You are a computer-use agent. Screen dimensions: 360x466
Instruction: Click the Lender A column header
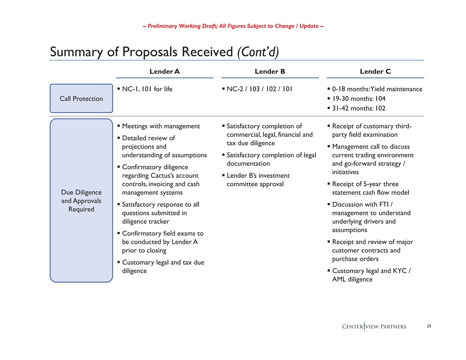click(x=164, y=71)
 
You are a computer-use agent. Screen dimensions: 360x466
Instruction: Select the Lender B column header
click(x=270, y=71)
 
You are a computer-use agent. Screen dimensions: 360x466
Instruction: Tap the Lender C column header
click(x=375, y=71)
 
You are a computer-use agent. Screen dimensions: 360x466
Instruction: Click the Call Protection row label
click(x=81, y=99)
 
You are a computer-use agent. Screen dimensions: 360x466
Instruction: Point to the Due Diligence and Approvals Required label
click(x=81, y=201)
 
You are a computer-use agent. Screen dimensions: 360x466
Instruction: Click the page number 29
click(x=429, y=326)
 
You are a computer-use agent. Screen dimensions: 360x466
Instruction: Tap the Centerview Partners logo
click(x=374, y=327)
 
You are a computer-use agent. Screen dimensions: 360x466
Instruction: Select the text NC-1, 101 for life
click(x=147, y=89)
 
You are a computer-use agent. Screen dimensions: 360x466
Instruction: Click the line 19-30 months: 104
click(x=359, y=99)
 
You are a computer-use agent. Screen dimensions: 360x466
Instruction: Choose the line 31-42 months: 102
click(x=359, y=109)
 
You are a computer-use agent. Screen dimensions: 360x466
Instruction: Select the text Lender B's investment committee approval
click(x=258, y=180)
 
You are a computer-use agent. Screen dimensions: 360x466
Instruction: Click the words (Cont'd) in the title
click(x=258, y=52)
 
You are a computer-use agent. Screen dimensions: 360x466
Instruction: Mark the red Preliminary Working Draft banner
click(x=233, y=26)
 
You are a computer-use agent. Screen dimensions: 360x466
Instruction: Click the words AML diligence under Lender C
click(x=353, y=279)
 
